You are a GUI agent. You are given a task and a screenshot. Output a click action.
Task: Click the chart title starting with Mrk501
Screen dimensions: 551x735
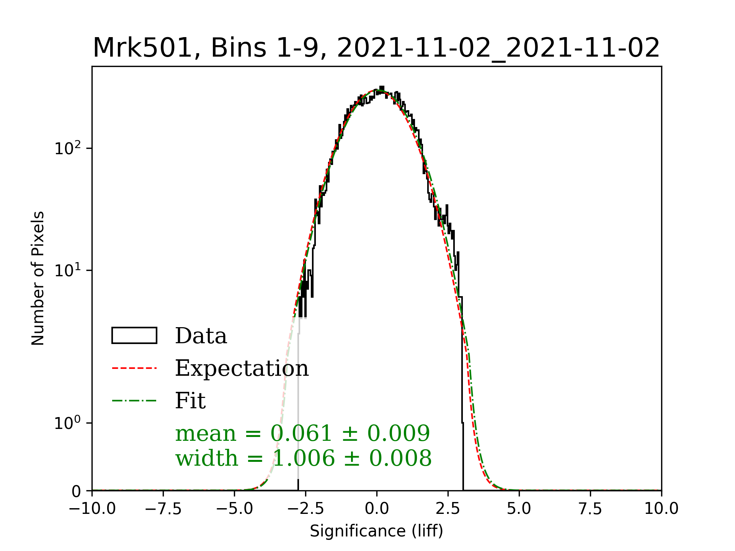(x=376, y=48)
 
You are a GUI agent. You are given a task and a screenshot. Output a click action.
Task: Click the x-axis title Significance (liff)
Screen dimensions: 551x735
(x=376, y=531)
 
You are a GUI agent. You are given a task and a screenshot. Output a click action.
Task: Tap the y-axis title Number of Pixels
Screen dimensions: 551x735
(x=38, y=278)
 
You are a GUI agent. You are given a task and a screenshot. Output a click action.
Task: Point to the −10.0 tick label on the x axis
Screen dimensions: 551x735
(x=92, y=509)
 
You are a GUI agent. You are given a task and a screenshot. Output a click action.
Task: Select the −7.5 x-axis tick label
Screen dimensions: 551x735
(x=163, y=509)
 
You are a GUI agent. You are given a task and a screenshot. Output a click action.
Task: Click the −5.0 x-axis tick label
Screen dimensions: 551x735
(x=235, y=509)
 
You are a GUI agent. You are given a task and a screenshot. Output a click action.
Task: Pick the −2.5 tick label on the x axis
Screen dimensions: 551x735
(x=306, y=509)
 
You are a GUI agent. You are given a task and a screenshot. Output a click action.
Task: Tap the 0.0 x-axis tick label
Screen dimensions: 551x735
(x=377, y=509)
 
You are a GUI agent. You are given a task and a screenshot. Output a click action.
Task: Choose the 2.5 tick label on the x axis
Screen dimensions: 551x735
(x=448, y=509)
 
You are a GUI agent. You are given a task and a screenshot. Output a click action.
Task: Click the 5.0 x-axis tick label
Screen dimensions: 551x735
(x=519, y=509)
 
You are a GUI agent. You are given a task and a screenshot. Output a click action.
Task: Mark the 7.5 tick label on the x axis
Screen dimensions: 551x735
(x=590, y=509)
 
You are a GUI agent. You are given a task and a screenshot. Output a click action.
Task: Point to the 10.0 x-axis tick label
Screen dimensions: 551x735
(x=661, y=509)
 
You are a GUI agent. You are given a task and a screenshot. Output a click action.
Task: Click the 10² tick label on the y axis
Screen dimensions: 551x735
(x=68, y=148)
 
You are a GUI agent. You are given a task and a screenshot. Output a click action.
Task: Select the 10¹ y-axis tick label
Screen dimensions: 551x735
(x=68, y=270)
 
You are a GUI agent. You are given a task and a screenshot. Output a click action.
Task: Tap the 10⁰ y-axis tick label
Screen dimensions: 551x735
(x=68, y=423)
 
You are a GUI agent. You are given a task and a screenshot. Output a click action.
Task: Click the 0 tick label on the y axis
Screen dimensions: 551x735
(x=76, y=491)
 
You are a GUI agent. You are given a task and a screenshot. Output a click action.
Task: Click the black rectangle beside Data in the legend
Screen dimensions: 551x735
(x=134, y=336)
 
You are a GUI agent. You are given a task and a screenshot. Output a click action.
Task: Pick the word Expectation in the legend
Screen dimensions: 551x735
(x=242, y=368)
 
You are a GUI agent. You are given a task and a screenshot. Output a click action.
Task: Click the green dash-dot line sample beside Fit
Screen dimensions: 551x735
(x=134, y=401)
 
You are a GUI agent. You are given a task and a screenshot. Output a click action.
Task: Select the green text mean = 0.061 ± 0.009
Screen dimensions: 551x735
(x=302, y=433)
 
